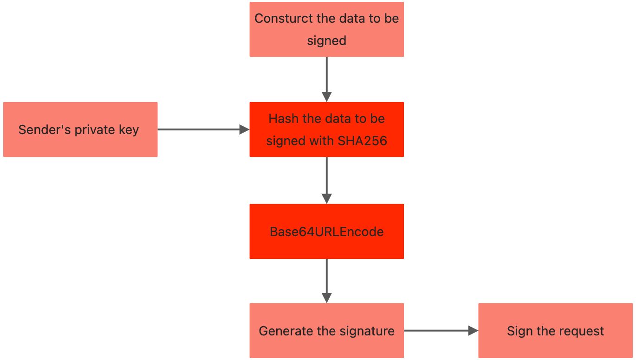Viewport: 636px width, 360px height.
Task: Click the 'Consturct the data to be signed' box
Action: [x=326, y=29]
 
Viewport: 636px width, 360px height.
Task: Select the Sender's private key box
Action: [x=80, y=129]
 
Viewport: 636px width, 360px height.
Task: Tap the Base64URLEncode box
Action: [x=326, y=231]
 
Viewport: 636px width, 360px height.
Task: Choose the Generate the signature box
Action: [x=326, y=330]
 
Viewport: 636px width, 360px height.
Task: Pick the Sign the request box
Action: [x=555, y=330]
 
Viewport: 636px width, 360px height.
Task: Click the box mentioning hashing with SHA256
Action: [x=326, y=129]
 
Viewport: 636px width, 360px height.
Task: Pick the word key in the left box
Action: [x=129, y=130]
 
